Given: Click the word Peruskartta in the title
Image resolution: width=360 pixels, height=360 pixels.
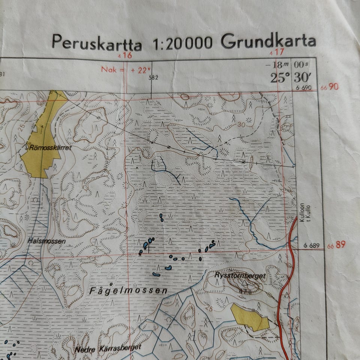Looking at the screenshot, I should point(97,42).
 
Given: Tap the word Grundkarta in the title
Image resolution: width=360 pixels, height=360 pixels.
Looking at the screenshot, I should point(268,41).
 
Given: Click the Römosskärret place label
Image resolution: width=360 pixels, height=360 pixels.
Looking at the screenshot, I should point(49,148).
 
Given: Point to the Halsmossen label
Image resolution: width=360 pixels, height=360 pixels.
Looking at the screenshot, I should point(46,241).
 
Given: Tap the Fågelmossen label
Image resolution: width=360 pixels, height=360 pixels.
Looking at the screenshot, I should point(128,291).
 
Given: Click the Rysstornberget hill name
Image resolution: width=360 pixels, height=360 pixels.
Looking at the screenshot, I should point(240,276).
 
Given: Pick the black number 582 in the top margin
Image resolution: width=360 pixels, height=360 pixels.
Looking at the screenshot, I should point(153,78).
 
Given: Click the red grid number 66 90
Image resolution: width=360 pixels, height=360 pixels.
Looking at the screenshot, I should point(330,87).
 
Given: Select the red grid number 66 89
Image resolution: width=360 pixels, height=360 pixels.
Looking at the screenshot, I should point(336,245).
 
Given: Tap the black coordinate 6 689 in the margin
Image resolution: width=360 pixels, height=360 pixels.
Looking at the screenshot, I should point(311,246).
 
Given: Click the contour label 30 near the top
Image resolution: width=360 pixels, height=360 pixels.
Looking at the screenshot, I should point(240,124).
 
